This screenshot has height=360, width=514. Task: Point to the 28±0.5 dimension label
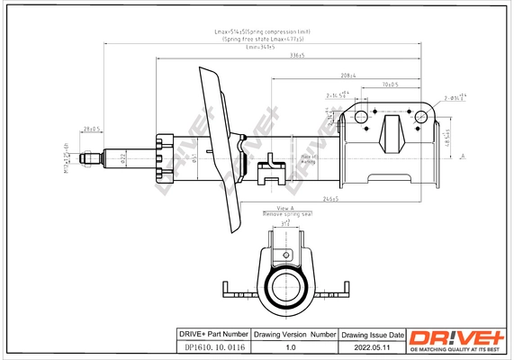91,130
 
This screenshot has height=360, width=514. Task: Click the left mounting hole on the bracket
361,115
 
